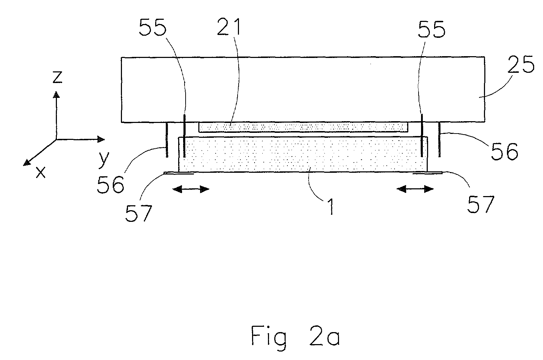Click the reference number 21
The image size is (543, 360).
click(229, 27)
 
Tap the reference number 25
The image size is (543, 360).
click(521, 64)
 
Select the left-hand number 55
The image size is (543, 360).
click(153, 28)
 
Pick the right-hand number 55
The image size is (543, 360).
click(432, 30)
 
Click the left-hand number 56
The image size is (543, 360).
click(111, 184)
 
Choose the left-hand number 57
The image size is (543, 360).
click(139, 213)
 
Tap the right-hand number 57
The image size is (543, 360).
click(481, 204)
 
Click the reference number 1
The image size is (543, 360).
click(331, 207)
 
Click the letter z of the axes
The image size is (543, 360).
click(58, 77)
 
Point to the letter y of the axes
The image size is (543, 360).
click(104, 160)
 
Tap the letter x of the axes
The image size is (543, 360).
click(41, 173)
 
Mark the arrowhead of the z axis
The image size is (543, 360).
click(56, 94)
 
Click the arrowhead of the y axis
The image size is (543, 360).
click(101, 139)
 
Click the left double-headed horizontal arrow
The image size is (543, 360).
click(191, 189)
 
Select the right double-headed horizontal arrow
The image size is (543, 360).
click(415, 189)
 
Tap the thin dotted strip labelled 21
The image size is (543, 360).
click(303, 127)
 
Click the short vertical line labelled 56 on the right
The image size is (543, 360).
click(439, 140)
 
